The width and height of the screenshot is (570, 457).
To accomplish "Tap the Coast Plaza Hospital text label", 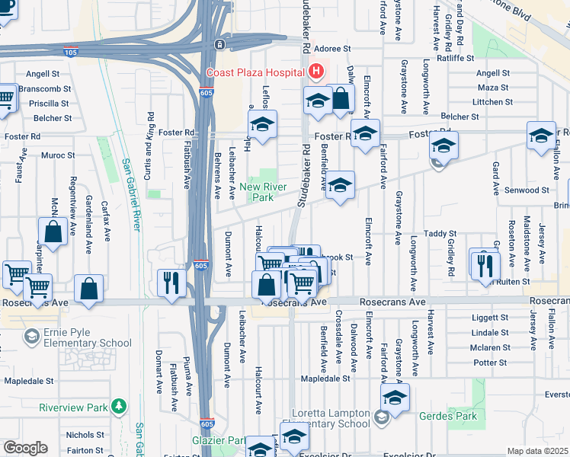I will pos(256,73).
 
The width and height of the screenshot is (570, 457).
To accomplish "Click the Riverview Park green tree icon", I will pos(119,406).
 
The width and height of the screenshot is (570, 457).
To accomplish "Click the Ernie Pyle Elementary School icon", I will pos(32,336).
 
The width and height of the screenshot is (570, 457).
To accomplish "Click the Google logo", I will pos(25,448).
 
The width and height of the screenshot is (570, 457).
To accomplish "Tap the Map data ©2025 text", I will pos(538,451).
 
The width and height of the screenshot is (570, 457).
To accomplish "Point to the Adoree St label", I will pos(331,47).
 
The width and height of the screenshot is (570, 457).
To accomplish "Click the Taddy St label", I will pos(440,234).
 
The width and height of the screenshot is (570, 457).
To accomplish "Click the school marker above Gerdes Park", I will pos(395,397).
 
